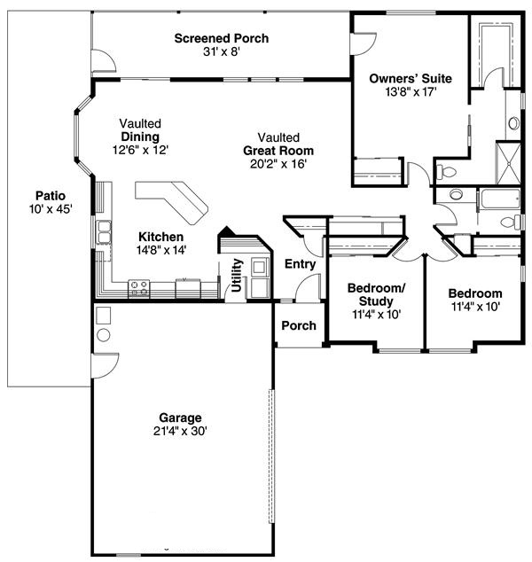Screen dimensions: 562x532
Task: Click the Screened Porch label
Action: (x=221, y=38)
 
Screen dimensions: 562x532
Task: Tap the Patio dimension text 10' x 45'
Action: (x=50, y=209)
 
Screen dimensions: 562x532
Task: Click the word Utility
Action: (x=237, y=275)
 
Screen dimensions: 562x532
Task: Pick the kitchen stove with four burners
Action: (x=140, y=287)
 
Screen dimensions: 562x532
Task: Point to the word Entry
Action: (x=300, y=264)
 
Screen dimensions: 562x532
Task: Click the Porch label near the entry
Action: (x=299, y=325)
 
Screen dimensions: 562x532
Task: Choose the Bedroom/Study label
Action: (x=376, y=294)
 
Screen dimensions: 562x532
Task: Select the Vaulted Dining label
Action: (x=141, y=130)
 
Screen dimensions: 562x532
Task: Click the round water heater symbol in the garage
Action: (x=102, y=336)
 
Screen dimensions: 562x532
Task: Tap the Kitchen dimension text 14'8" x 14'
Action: (x=160, y=251)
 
